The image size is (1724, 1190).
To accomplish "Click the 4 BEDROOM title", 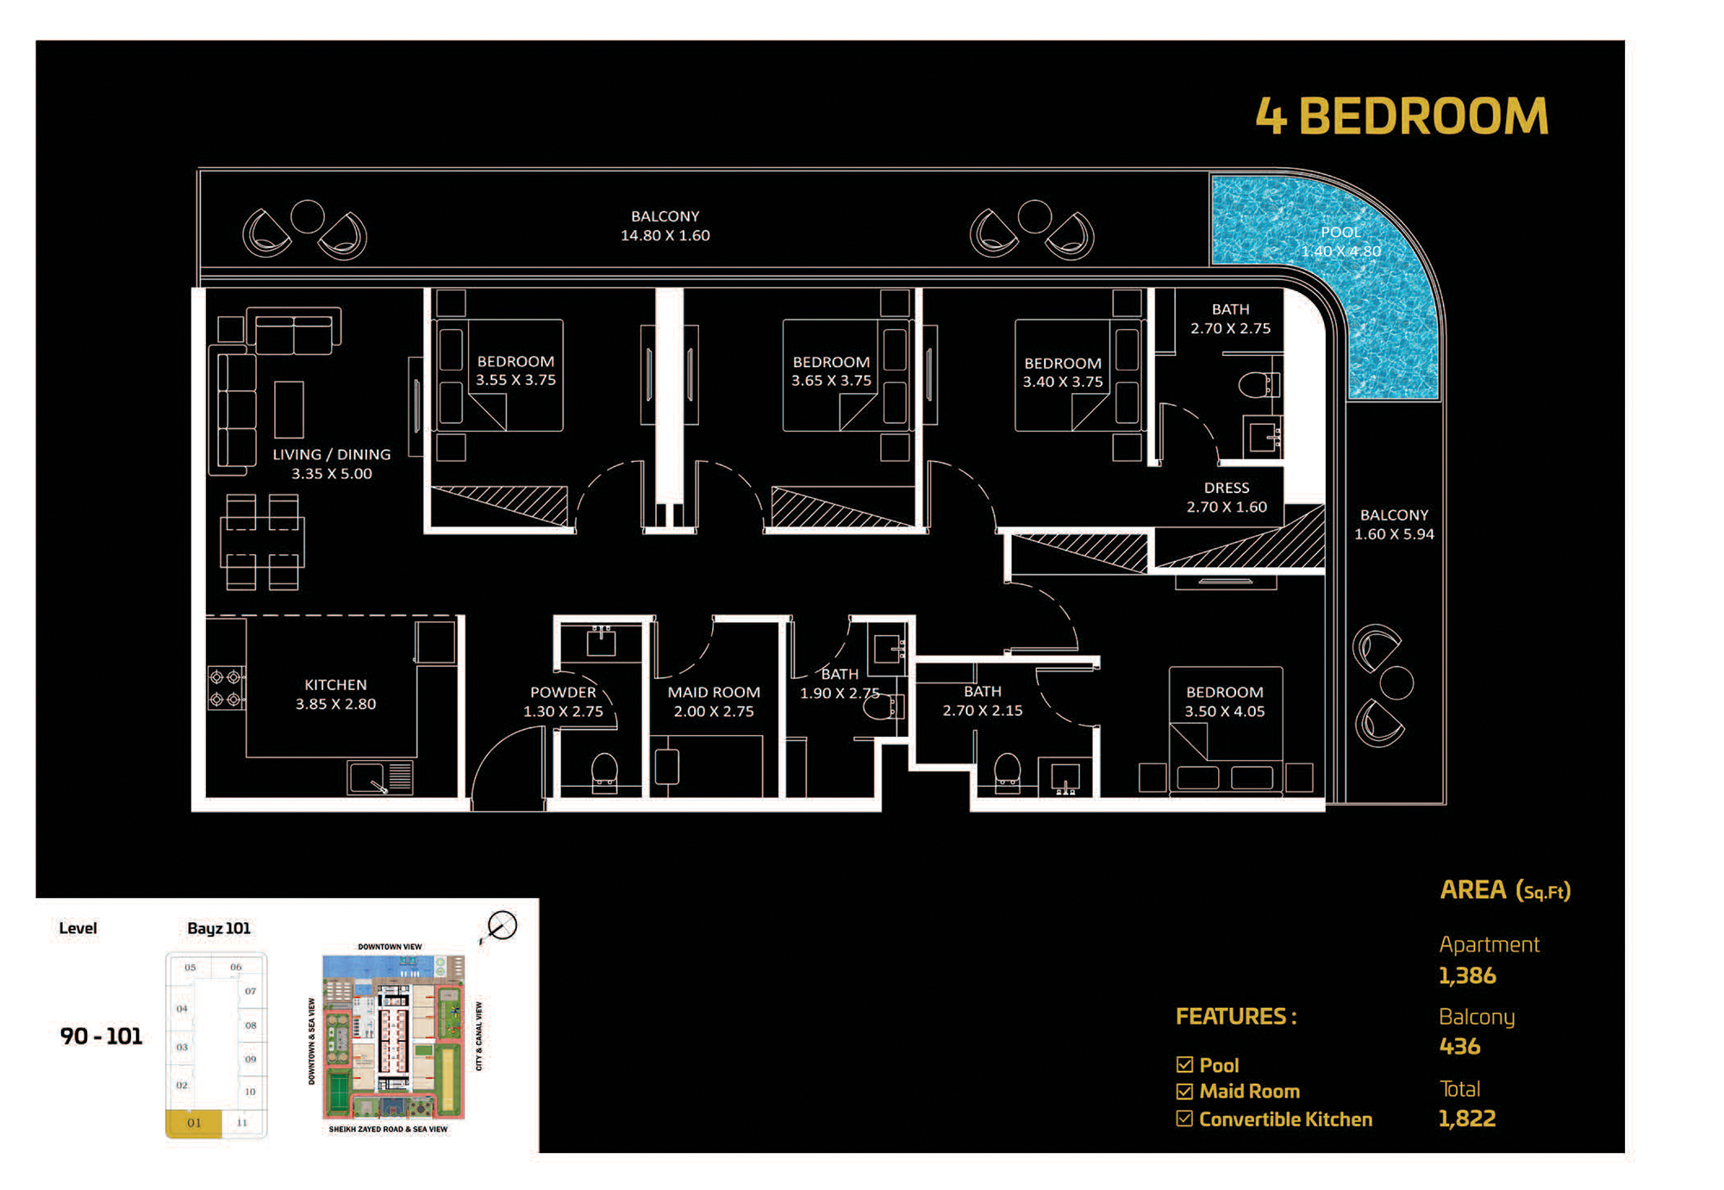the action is [1402, 115].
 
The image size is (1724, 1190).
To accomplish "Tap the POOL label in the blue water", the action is [1340, 232].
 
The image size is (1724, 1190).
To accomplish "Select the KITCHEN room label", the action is [335, 684].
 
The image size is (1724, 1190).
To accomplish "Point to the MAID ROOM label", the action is [714, 692].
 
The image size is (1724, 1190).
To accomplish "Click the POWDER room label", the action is [563, 692].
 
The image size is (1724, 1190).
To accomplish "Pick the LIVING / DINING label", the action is [332, 454].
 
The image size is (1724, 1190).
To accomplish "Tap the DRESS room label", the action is [1227, 488].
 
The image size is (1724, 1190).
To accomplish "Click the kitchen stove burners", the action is [225, 688].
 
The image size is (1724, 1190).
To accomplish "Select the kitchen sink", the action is [380, 777].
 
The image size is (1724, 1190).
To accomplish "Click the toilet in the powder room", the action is [604, 772].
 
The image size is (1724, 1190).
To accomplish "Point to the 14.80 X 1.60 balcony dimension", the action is [665, 235].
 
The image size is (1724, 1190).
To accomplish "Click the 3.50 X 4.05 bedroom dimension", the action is [1224, 711].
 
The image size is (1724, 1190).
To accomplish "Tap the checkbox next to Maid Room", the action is [1185, 1091].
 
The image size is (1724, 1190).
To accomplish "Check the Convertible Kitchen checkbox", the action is [1185, 1118].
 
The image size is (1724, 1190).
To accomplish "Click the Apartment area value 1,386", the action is [1467, 975].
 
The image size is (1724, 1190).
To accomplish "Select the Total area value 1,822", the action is [1467, 1118].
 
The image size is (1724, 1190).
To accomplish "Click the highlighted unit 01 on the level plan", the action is [194, 1123].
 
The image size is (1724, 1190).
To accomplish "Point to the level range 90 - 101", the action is [101, 1036].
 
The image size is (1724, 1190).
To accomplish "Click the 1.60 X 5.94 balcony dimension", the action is [1394, 533].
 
